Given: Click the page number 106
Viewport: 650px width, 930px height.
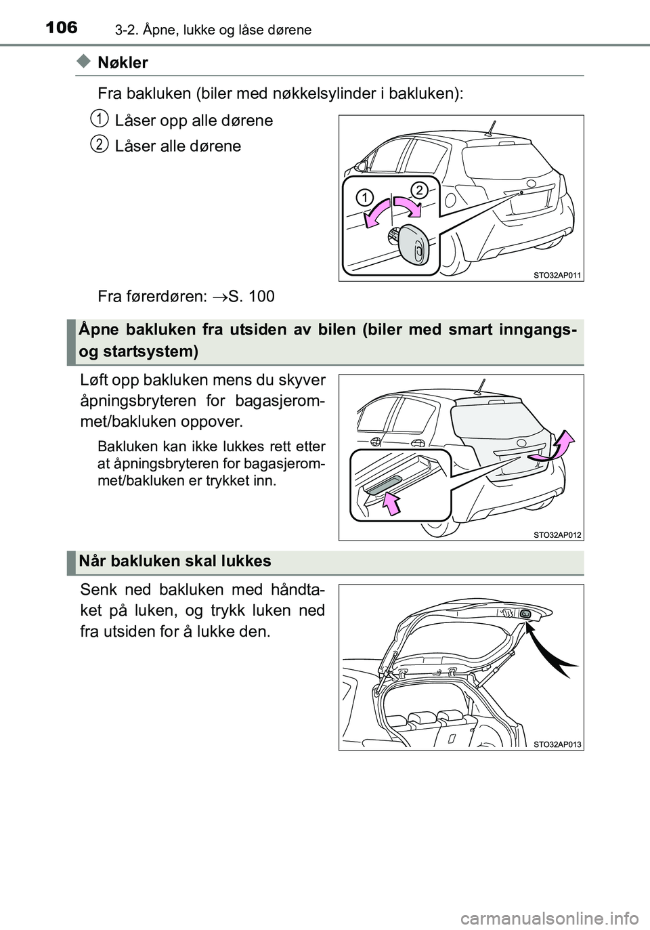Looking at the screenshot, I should (x=62, y=28).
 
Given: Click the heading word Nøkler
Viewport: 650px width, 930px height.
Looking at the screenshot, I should (x=123, y=63).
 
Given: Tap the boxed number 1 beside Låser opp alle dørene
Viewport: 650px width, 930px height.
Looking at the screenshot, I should (x=100, y=119).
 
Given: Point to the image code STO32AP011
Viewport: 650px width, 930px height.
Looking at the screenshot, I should (x=557, y=274).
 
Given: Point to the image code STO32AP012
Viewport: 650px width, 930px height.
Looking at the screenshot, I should (x=557, y=534).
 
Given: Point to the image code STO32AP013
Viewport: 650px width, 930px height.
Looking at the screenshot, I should (x=557, y=744).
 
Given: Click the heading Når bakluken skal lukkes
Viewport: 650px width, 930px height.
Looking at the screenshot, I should (x=175, y=561).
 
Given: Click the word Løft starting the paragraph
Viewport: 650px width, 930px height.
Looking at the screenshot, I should (x=93, y=381).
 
